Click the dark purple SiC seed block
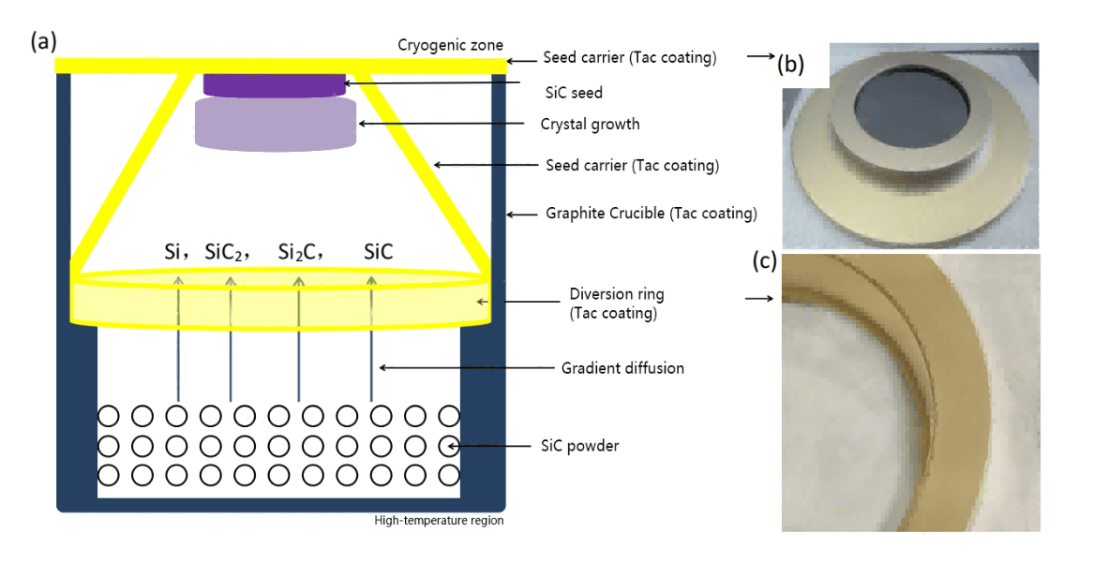click(275, 85)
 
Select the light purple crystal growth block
click(275, 124)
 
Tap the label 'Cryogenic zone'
click(451, 45)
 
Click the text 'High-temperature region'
click(439, 521)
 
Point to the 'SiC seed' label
click(574, 93)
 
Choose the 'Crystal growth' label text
click(591, 124)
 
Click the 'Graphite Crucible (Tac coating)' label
click(651, 214)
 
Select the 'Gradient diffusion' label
click(622, 368)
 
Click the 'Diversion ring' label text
click(617, 294)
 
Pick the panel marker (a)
click(44, 41)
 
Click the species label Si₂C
click(300, 252)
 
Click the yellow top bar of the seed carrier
click(281, 64)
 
